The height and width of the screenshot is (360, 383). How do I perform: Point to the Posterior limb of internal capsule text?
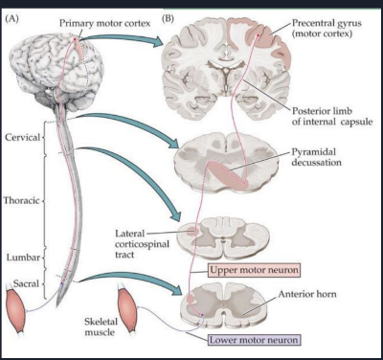click(331, 116)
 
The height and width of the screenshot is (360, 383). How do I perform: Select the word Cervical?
click(23, 137)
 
